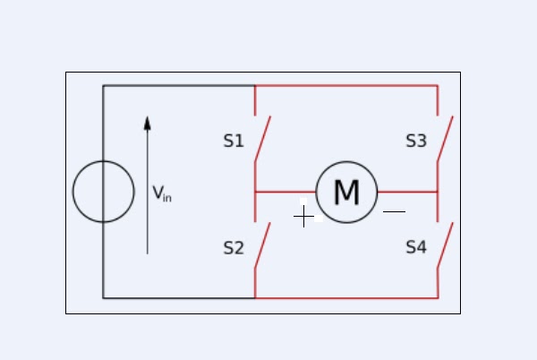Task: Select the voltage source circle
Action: pyautogui.click(x=103, y=191)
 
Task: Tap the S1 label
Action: pyautogui.click(x=233, y=141)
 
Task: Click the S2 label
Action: pyautogui.click(x=233, y=248)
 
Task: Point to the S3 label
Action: pyautogui.click(x=416, y=141)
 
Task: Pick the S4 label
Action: pyautogui.click(x=416, y=248)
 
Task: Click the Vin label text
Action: pyautogui.click(x=161, y=193)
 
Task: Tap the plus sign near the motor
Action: pyautogui.click(x=304, y=216)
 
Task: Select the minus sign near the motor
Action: pyautogui.click(x=394, y=212)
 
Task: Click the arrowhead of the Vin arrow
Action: pyautogui.click(x=148, y=123)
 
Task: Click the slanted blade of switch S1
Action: pyautogui.click(x=262, y=139)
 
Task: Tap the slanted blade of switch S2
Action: pyautogui.click(x=262, y=245)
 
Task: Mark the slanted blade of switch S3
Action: pyautogui.click(x=445, y=139)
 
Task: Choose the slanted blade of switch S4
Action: pyautogui.click(x=445, y=245)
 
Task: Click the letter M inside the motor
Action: pyautogui.click(x=346, y=193)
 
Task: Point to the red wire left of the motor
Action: pyautogui.click(x=285, y=192)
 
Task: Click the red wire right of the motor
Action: pyautogui.click(x=407, y=192)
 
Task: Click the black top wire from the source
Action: pyautogui.click(x=179, y=86)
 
